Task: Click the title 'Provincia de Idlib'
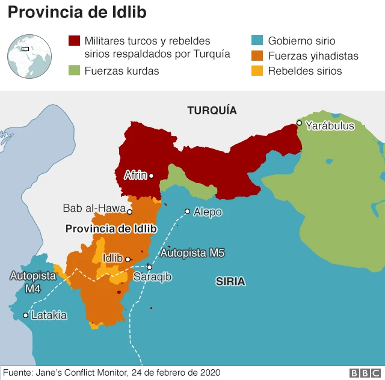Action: click(x=77, y=12)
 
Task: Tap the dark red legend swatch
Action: click(x=75, y=41)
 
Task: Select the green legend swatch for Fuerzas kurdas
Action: click(x=75, y=71)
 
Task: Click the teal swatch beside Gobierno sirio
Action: click(x=257, y=41)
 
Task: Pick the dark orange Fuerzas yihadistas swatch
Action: click(x=257, y=56)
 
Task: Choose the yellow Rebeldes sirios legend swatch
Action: click(x=257, y=71)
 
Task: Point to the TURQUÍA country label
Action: click(x=212, y=111)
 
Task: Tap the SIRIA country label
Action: click(x=230, y=281)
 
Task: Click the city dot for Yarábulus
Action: click(x=299, y=123)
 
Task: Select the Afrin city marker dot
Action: click(x=151, y=176)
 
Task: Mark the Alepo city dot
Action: click(x=187, y=211)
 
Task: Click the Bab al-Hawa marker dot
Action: click(x=129, y=212)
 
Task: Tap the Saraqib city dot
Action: click(x=149, y=267)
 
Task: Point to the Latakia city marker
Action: click(x=26, y=315)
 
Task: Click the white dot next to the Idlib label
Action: click(x=128, y=259)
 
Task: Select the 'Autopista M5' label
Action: click(x=192, y=253)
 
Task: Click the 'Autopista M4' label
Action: click(x=33, y=282)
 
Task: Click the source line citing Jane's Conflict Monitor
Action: click(x=111, y=373)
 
